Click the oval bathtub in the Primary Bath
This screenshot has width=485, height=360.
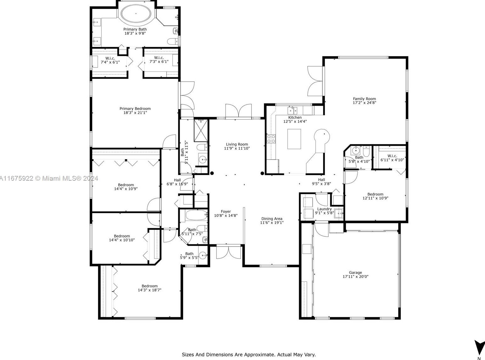click(136, 14)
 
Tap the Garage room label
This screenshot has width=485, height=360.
click(355, 272)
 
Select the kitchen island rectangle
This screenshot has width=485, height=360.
click(294, 139)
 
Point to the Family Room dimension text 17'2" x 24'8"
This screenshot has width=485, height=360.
click(364, 102)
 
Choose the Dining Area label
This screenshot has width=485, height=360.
click(272, 218)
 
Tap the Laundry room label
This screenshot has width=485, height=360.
click(324, 209)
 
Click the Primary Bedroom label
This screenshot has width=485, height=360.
click(135, 108)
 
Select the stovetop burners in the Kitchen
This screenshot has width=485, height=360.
click(271, 139)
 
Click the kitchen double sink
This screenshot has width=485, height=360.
click(292, 110)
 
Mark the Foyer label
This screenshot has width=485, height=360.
click(226, 212)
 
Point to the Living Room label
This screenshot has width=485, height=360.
click(237, 144)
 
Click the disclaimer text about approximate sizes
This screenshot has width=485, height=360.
click(249, 355)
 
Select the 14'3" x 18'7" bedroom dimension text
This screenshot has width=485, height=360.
click(150, 290)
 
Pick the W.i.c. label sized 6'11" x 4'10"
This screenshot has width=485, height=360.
click(392, 156)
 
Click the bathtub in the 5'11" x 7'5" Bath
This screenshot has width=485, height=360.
click(196, 215)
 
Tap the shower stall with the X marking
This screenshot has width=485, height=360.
click(201, 131)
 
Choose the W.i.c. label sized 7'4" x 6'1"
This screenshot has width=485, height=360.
click(110, 58)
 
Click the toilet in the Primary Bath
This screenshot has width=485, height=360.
click(173, 41)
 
